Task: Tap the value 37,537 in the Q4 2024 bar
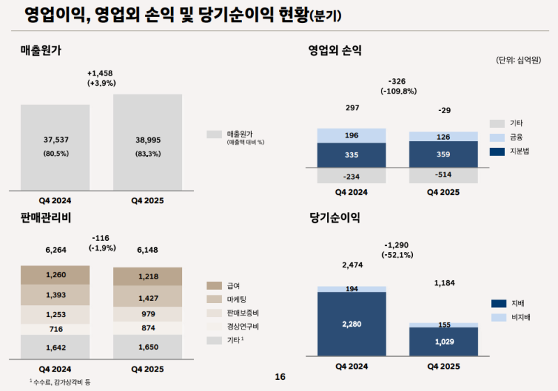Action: click(55, 140)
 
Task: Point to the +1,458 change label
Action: click(101, 73)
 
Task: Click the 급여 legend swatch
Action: click(214, 286)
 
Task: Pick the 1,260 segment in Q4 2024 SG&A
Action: click(55, 274)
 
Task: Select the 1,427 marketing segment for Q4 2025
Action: click(147, 298)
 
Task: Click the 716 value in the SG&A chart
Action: click(55, 328)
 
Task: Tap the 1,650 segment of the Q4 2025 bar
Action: click(147, 346)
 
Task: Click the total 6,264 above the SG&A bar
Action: click(55, 249)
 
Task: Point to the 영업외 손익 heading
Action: click(335, 50)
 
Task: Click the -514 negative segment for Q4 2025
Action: click(444, 175)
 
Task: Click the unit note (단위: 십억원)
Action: click(519, 61)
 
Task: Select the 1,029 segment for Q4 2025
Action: click(444, 341)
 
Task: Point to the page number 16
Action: click(280, 377)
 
